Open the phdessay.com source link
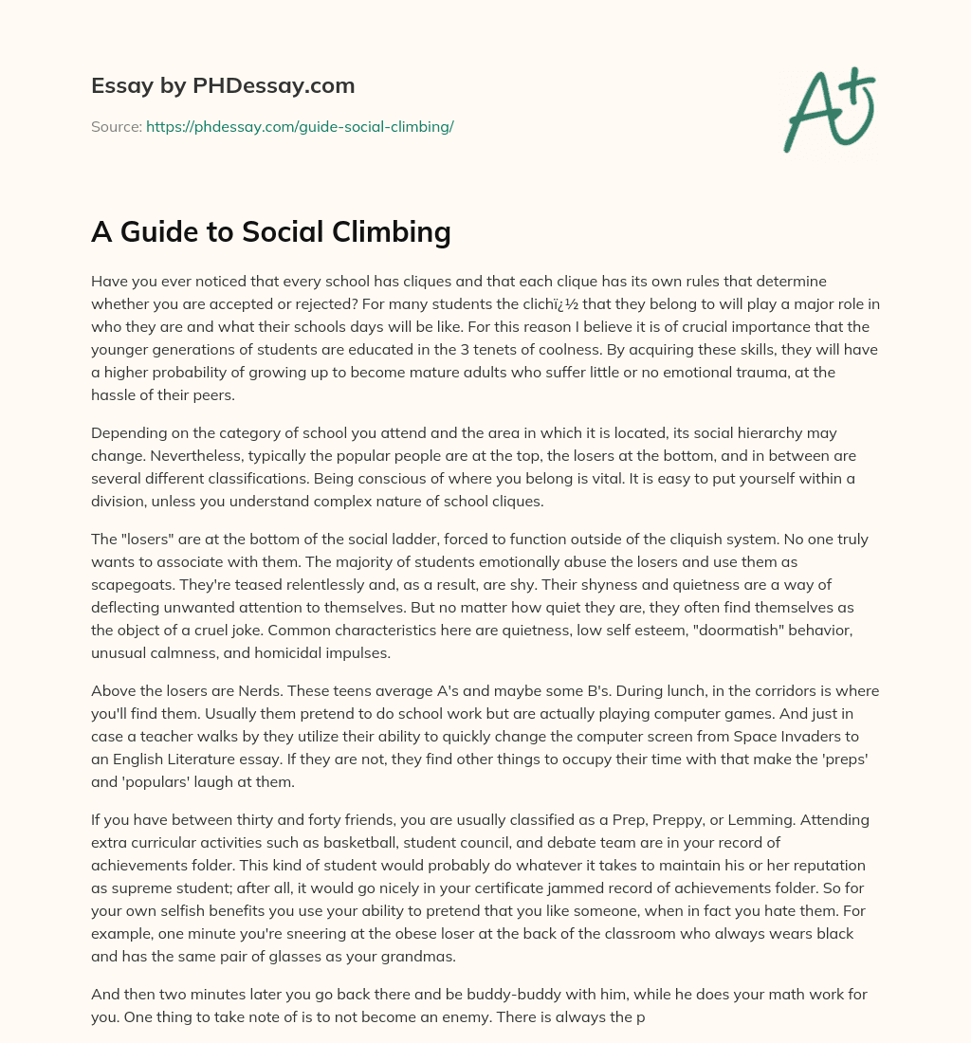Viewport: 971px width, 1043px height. pyautogui.click(x=300, y=126)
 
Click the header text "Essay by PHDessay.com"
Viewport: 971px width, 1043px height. pyautogui.click(x=223, y=86)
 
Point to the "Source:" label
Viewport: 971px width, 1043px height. pyautogui.click(x=117, y=126)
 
